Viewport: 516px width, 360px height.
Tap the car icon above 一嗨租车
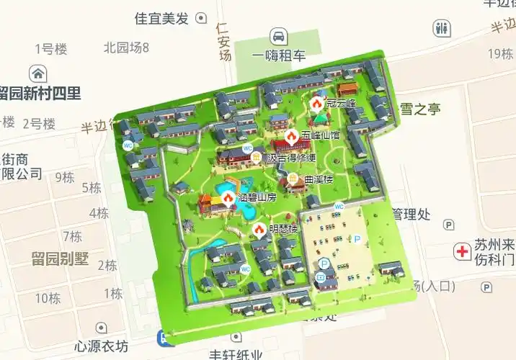[278, 36]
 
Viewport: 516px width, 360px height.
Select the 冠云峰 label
[341, 104]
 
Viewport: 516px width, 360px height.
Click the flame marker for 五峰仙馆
[291, 135]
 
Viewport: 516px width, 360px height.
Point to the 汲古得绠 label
[291, 158]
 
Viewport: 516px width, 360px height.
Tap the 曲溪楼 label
[319, 178]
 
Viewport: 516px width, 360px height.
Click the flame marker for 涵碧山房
[228, 197]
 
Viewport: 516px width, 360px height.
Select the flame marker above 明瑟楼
[259, 229]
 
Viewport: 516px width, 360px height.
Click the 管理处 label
[411, 214]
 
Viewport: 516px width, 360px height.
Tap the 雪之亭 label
[420, 109]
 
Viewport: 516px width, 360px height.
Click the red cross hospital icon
[461, 251]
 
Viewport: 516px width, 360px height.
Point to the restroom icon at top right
[441, 29]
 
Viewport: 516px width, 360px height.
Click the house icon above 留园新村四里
[37, 73]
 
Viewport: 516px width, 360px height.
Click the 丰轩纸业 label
[236, 354]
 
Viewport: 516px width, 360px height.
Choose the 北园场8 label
[126, 48]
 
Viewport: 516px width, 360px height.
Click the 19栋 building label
[499, 53]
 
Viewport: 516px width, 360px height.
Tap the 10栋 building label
[48, 297]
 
